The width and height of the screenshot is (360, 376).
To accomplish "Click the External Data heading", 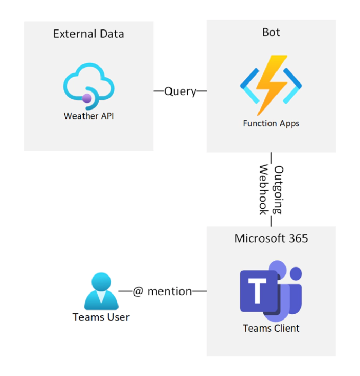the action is tap(88, 34).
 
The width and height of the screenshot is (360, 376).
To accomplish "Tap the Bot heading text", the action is tap(271, 32).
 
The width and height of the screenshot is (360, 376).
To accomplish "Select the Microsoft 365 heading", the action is tap(271, 239).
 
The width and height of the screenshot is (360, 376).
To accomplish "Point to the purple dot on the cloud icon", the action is tap(86, 98).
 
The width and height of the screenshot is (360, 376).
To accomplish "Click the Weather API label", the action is tap(88, 116).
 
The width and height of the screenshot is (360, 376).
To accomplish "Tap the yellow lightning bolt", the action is tap(272, 85).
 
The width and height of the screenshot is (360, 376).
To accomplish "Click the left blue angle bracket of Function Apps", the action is tap(250, 86).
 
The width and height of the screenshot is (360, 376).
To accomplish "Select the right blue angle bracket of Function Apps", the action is tap(292, 86).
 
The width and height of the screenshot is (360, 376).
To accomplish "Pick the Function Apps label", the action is tap(271, 123).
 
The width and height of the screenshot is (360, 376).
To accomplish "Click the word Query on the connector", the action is tap(180, 92).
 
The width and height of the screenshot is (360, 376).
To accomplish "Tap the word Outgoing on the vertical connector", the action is tap(278, 189).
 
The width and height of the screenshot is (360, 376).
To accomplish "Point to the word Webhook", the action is tap(264, 189).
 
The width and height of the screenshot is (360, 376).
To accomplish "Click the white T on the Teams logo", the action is tap(257, 291).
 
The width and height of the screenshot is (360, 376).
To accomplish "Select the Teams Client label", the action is tap(271, 328).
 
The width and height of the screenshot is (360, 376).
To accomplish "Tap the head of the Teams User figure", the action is tap(101, 281).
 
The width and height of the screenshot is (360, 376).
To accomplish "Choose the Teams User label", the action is tap(101, 317).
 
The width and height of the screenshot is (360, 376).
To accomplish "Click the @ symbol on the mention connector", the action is tap(138, 292).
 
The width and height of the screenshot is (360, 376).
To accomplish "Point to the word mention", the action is tap(170, 292).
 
